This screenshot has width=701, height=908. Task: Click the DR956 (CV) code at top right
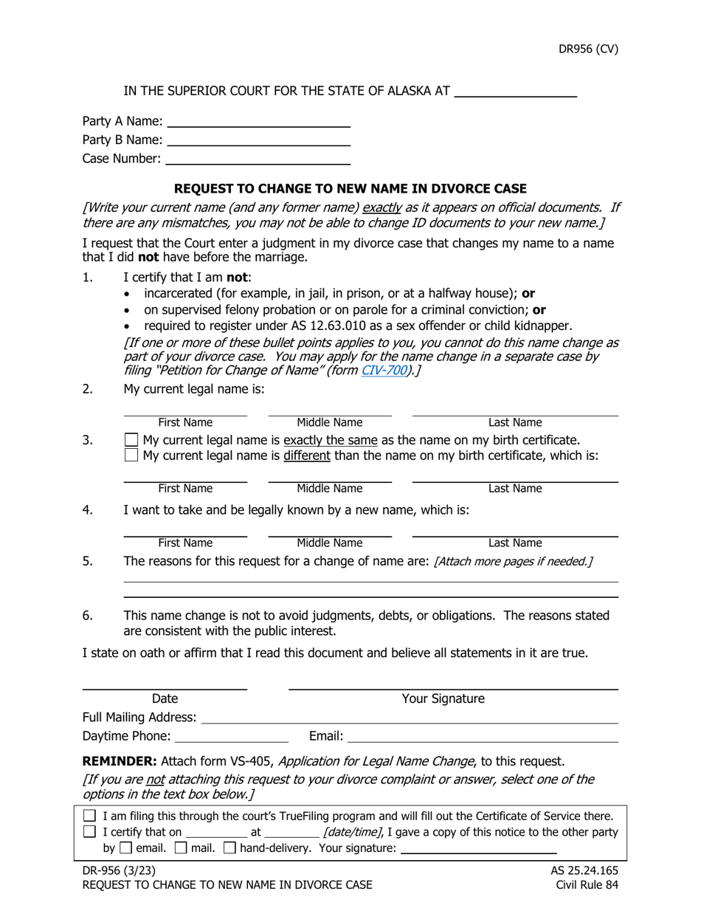pyautogui.click(x=587, y=49)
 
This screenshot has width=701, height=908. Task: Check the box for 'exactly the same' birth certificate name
pyautogui.click(x=131, y=441)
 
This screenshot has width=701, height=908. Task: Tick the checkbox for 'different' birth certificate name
pyautogui.click(x=131, y=456)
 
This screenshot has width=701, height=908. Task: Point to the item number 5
pyautogui.click(x=88, y=560)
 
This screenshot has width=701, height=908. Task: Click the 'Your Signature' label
pyautogui.click(x=443, y=698)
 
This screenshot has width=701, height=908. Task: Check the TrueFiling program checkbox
pyautogui.click(x=90, y=816)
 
